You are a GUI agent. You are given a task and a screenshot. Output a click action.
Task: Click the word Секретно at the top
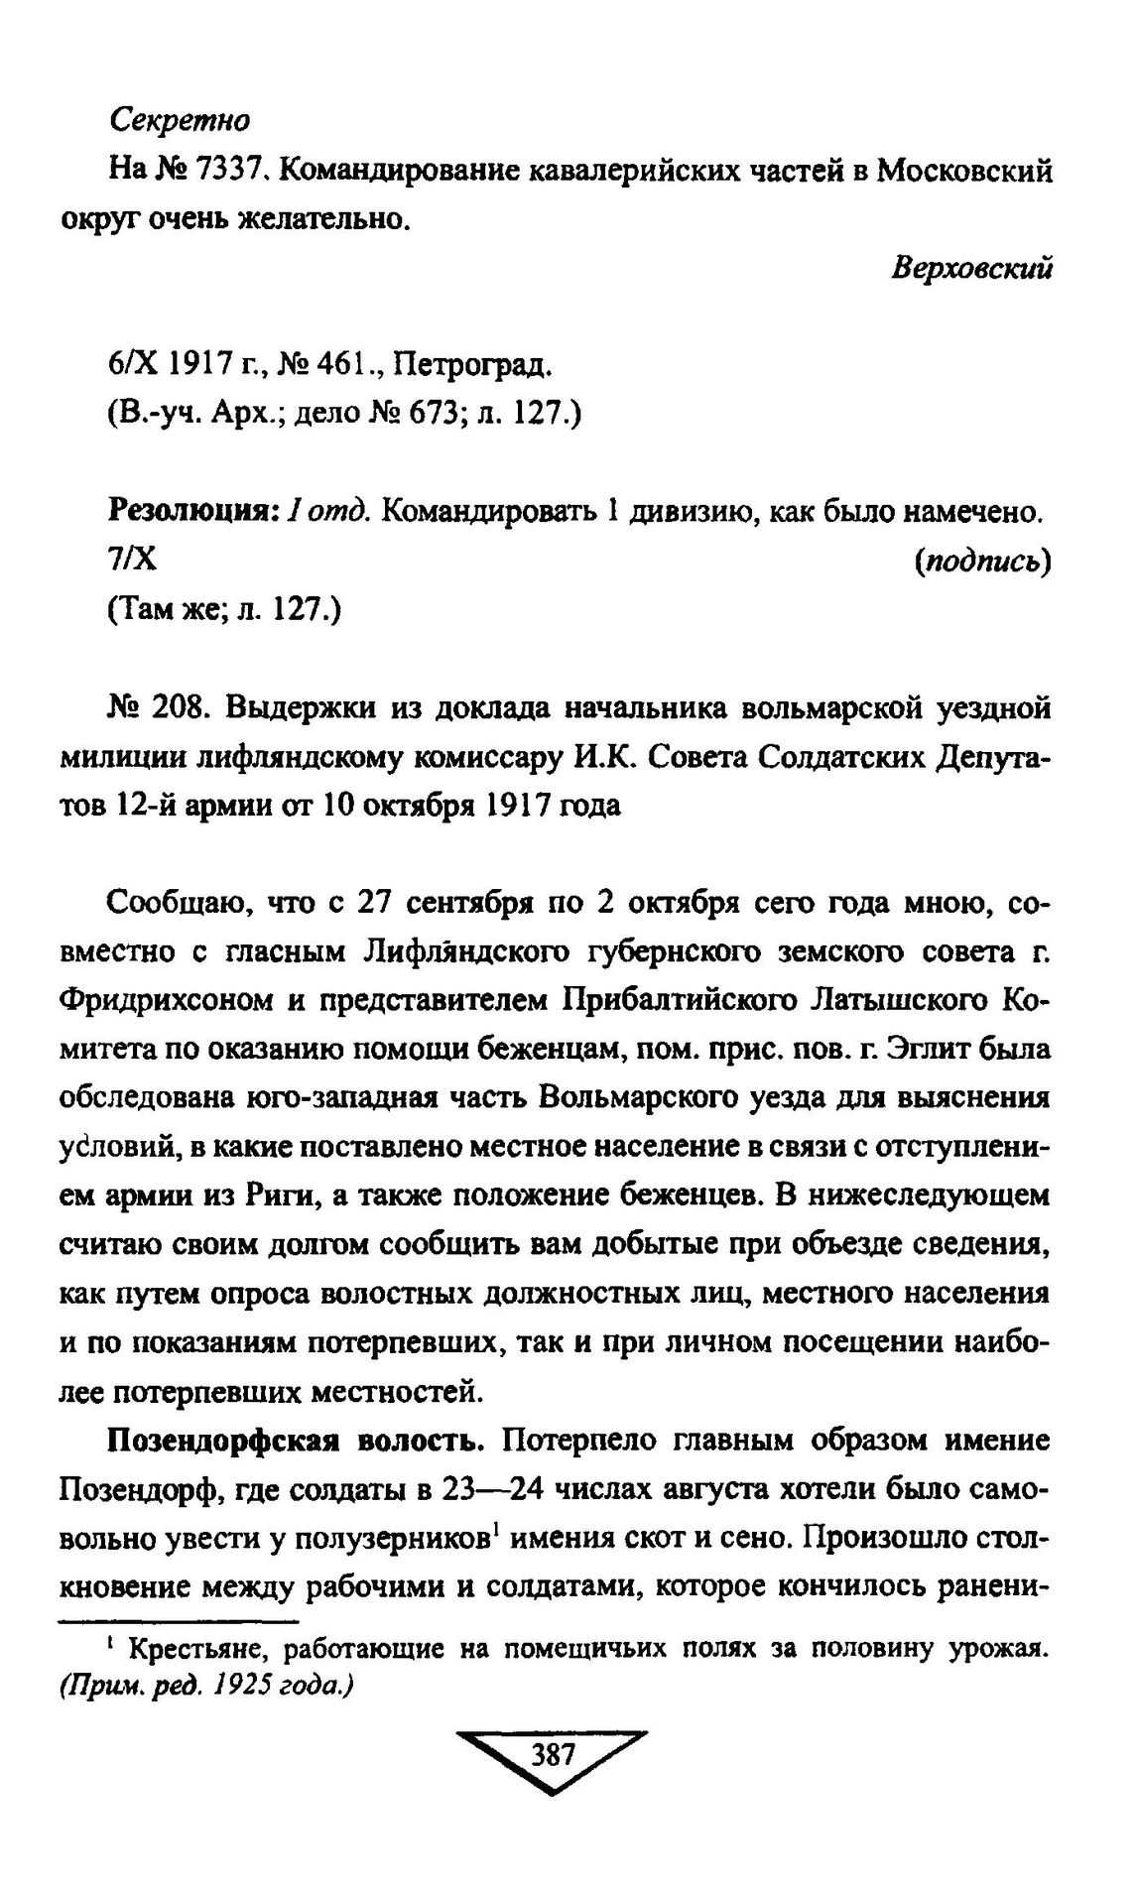(x=180, y=121)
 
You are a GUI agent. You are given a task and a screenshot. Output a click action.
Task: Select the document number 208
(x=179, y=708)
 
